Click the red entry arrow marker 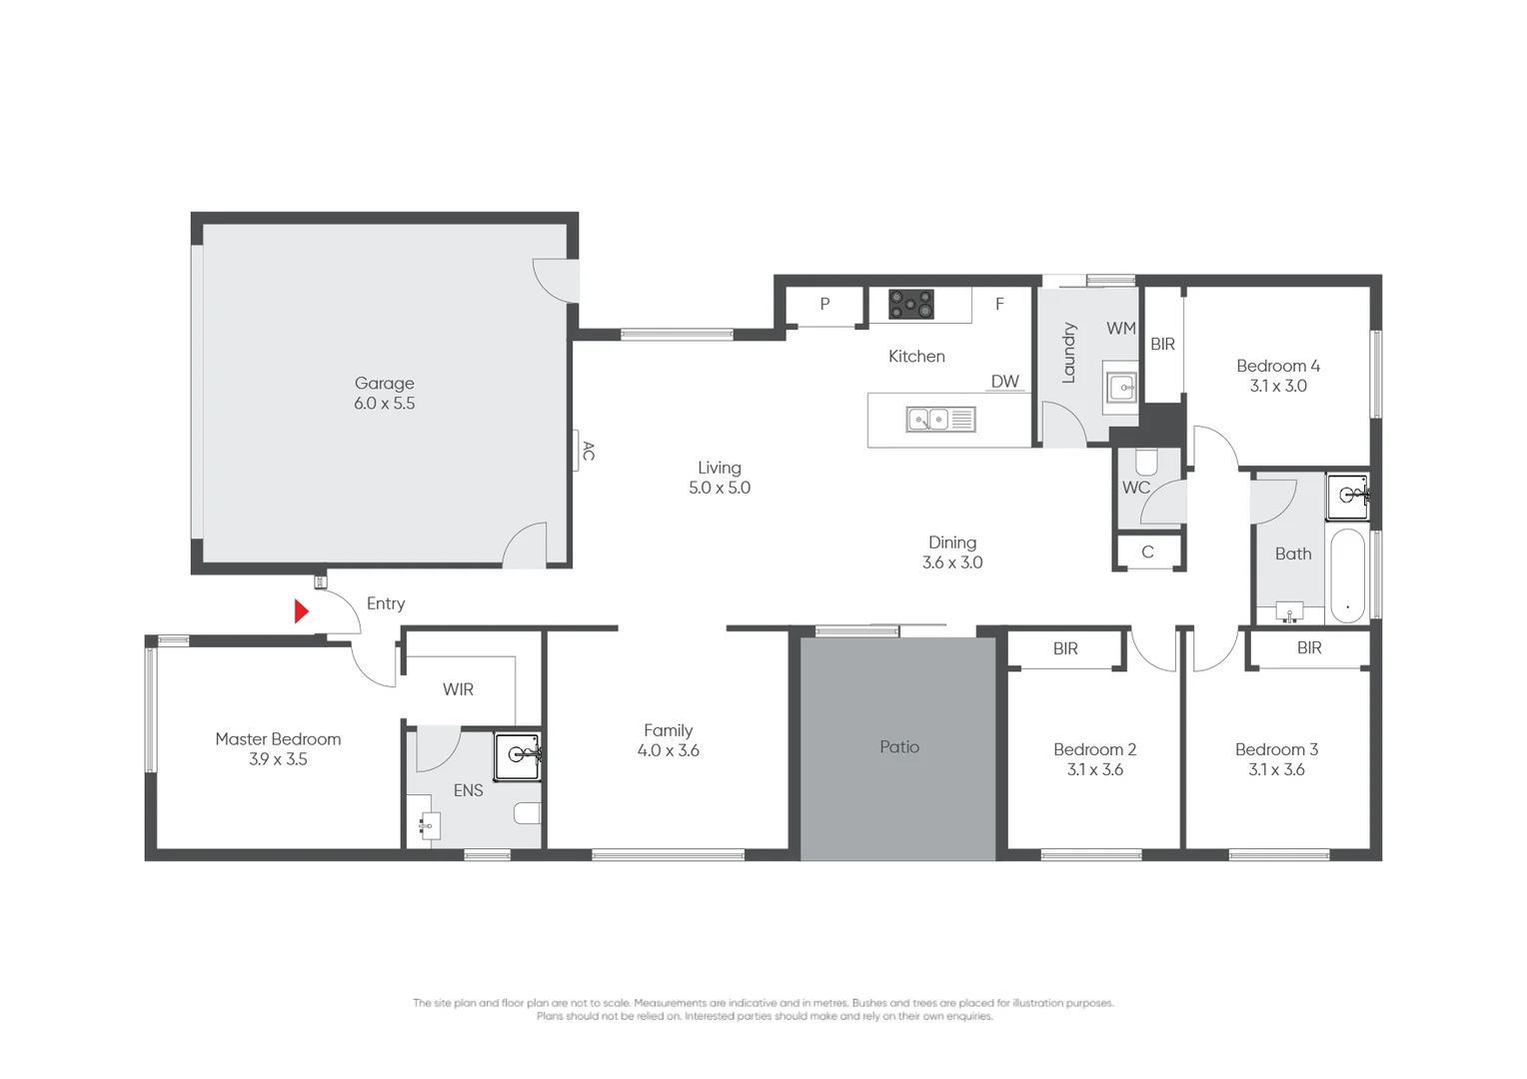[x=301, y=611]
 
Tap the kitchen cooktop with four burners [x=910, y=305]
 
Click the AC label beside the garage [x=589, y=451]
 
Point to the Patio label [x=899, y=747]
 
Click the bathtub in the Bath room [x=1348, y=575]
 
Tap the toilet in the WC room [x=1146, y=462]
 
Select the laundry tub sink [x=1120, y=389]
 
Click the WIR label [x=458, y=689]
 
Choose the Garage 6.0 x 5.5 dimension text [x=385, y=403]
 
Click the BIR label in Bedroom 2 [x=1065, y=648]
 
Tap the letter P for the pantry [x=824, y=304]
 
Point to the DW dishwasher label [x=1004, y=381]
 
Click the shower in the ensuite [x=518, y=756]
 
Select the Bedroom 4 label [x=1278, y=366]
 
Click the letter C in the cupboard [x=1148, y=551]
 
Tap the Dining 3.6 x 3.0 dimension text [x=952, y=562]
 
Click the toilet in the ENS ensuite [x=528, y=812]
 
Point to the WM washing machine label [x=1120, y=328]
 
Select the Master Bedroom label [x=278, y=739]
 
